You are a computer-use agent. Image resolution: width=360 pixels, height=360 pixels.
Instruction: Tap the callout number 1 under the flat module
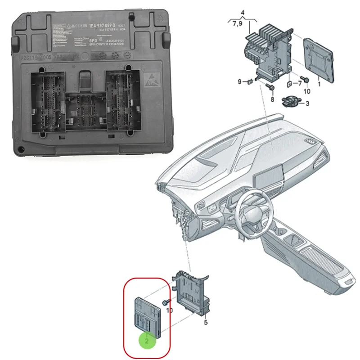pos(319,83)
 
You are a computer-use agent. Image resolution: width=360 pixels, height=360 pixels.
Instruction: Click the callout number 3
pos(308,104)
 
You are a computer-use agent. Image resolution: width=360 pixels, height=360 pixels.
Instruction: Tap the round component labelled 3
pos(292,100)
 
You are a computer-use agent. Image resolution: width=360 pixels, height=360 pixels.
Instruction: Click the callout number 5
pos(205,322)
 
